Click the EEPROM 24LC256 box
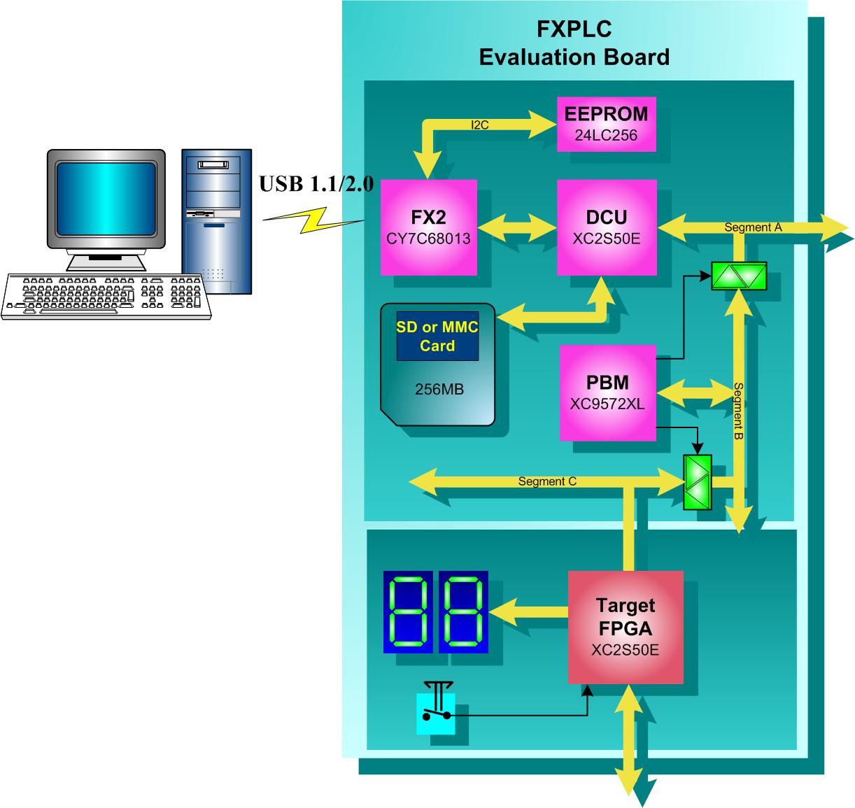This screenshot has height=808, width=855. (x=606, y=124)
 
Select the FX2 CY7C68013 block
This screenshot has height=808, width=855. (x=428, y=227)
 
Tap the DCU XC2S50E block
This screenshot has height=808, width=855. (x=606, y=227)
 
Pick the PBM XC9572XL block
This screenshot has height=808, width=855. (x=607, y=392)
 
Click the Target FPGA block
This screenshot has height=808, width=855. (x=625, y=627)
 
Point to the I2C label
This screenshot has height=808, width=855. (x=480, y=125)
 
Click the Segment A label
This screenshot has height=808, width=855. (x=753, y=227)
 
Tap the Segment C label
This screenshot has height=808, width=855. (x=547, y=481)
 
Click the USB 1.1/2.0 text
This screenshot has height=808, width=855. (x=316, y=185)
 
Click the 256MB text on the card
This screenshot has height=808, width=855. (x=439, y=389)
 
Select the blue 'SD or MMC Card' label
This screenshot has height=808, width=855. (x=437, y=336)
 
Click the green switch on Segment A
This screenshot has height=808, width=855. (x=739, y=276)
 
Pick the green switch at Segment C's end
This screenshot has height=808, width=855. (x=697, y=482)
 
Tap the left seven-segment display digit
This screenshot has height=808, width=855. (x=408, y=611)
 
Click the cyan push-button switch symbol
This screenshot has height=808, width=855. (x=436, y=712)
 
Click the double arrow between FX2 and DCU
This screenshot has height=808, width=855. (x=516, y=227)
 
